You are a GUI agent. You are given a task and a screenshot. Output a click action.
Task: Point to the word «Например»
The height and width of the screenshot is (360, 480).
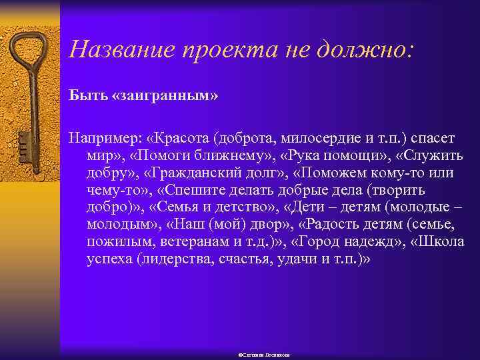click(104, 137)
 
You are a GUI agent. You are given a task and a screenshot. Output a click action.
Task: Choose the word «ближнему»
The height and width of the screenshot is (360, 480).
click(243, 155)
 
